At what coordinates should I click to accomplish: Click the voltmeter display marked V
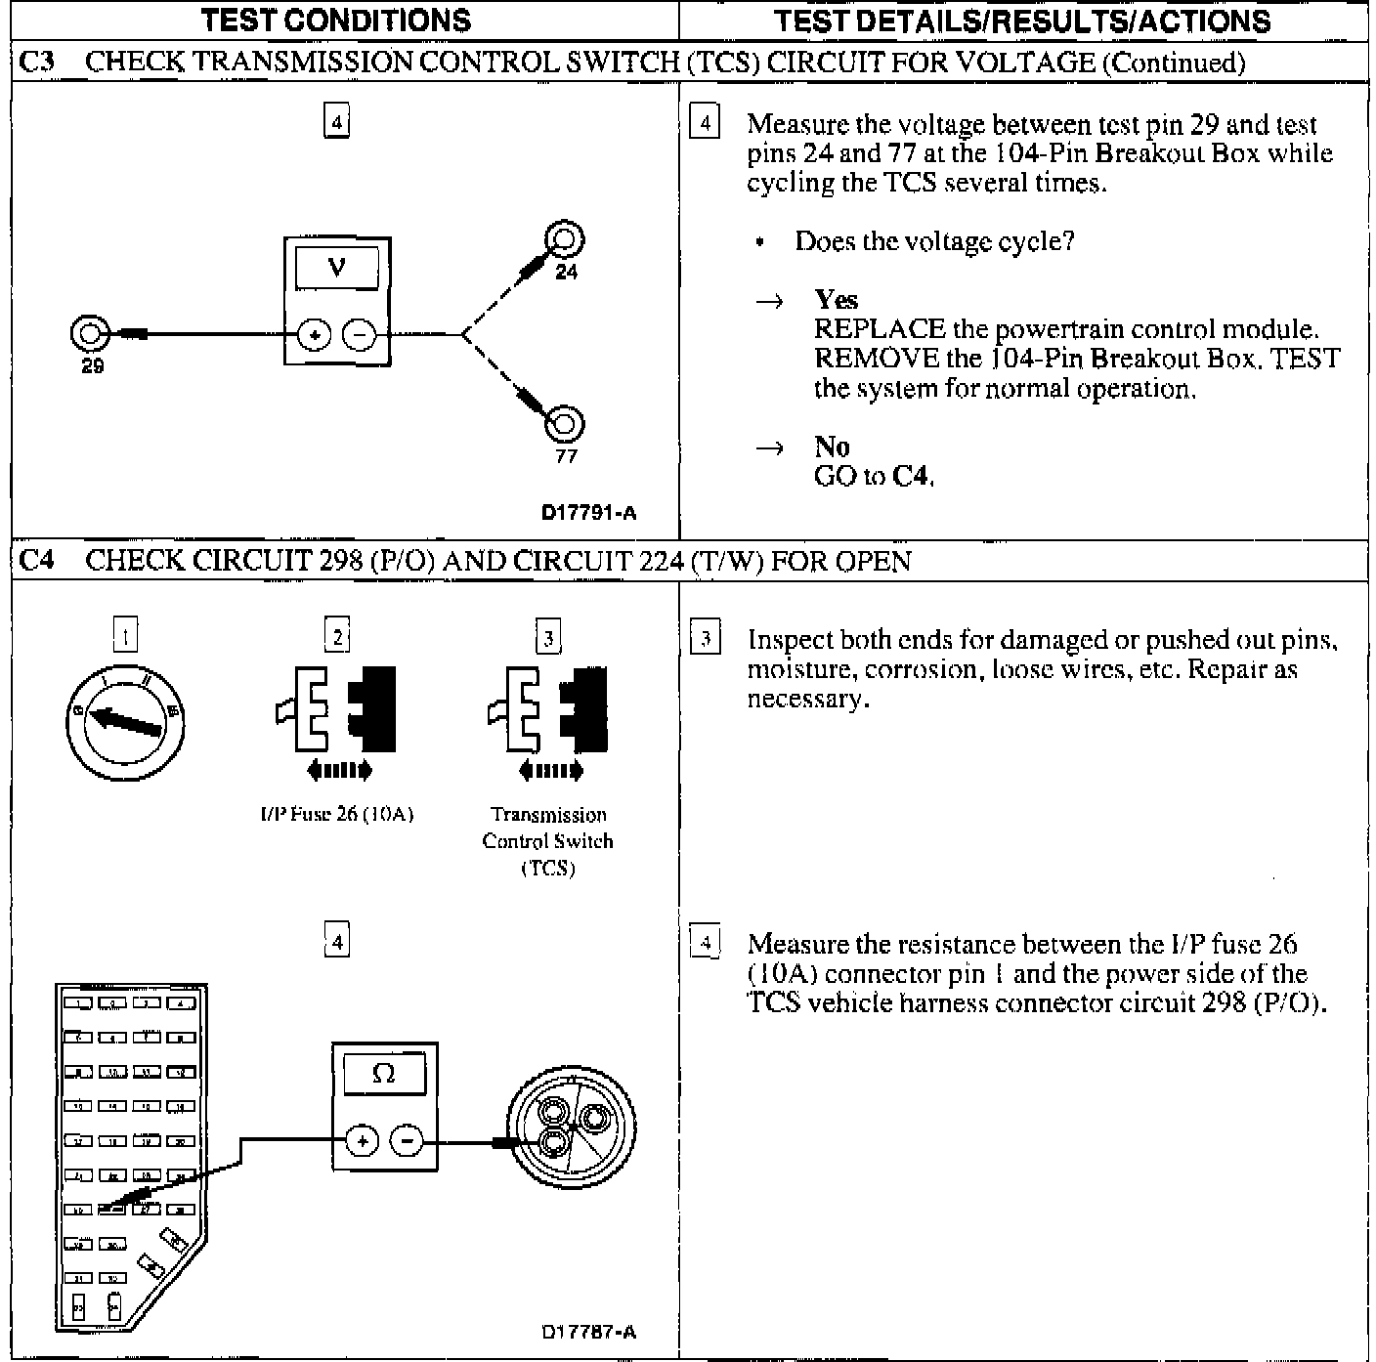(337, 266)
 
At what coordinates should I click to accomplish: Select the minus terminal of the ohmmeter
(408, 1140)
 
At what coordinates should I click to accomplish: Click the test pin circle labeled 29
(88, 334)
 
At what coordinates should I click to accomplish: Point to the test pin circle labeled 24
(565, 238)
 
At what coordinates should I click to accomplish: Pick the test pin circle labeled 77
(565, 424)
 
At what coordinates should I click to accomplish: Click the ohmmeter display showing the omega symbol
(384, 1074)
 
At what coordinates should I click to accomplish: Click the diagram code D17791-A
(589, 512)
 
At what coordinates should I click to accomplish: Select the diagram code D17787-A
(589, 1332)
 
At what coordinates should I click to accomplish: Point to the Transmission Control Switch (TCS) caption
(548, 840)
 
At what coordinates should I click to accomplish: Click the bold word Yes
(836, 300)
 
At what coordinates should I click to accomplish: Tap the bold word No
(832, 447)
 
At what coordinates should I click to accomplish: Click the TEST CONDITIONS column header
(336, 21)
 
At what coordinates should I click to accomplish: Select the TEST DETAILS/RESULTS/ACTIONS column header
(1022, 21)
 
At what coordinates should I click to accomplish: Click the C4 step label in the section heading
(37, 560)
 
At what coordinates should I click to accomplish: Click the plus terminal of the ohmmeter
(362, 1140)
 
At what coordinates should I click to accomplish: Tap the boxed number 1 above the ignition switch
(126, 638)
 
